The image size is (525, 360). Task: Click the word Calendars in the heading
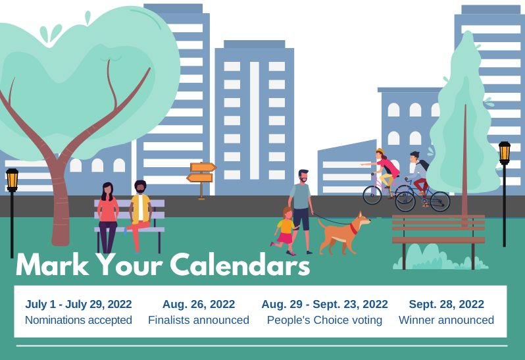point(239,265)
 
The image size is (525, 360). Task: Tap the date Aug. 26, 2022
point(199,304)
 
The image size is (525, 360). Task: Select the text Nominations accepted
point(78,320)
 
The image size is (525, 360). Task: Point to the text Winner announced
point(446,320)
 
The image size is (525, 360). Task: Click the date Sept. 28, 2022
point(446,304)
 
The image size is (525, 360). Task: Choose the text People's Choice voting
point(324,320)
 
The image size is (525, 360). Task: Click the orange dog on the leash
point(343,233)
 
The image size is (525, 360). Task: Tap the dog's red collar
point(353,229)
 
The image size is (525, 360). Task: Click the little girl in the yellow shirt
point(285,231)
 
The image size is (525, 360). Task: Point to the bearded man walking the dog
point(301,211)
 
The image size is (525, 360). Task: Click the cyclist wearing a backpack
point(418,178)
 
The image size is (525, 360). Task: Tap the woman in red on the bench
point(107,218)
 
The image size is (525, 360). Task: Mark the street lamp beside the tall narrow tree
point(504,194)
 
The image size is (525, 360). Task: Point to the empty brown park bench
point(439,234)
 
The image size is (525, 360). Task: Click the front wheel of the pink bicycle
point(372,195)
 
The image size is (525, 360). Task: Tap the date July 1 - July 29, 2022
point(78,304)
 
